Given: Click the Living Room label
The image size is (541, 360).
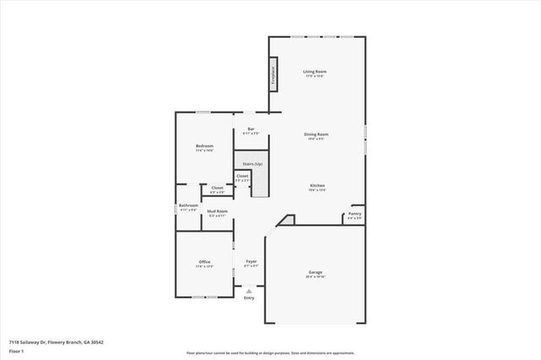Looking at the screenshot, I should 315,72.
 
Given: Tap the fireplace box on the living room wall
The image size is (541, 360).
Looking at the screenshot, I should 273,71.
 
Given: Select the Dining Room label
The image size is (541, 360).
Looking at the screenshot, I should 316,134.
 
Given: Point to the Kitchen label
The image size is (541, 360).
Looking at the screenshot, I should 317,186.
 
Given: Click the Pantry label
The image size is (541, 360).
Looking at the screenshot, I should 354,215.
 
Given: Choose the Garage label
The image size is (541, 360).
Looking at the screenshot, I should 315,273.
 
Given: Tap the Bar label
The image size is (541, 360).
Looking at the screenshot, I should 251,129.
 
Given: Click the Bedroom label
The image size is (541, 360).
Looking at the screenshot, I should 204,146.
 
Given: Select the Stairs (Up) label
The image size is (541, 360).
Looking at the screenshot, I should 253,163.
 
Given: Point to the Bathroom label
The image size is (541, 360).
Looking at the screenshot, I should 189,205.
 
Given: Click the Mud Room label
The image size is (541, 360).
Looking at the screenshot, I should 217,211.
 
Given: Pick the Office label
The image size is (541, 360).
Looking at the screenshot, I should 204,262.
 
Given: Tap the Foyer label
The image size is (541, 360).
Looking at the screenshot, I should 251,262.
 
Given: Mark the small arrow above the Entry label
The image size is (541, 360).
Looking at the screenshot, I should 249,290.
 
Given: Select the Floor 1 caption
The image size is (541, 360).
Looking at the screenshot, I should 16,351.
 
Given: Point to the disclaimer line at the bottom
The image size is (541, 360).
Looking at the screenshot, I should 270,353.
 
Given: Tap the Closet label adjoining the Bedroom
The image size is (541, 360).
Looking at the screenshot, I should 217,188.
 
